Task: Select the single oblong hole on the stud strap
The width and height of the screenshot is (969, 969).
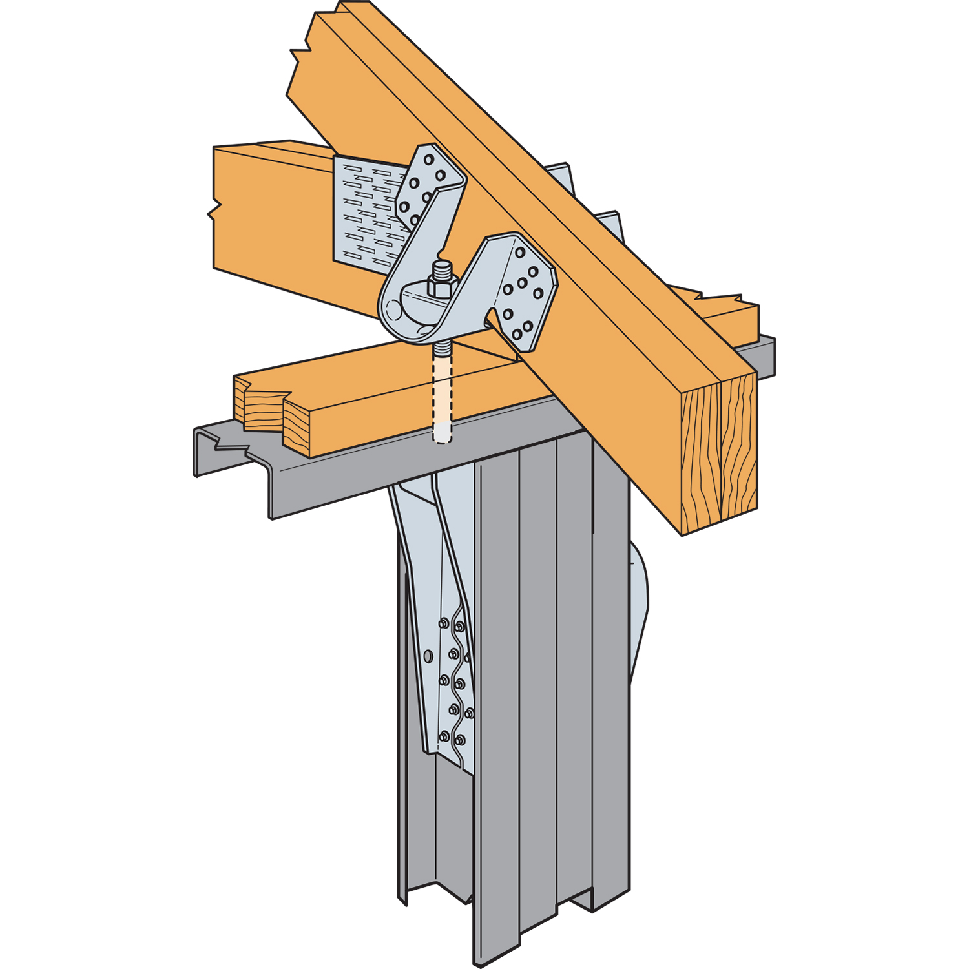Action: point(428,656)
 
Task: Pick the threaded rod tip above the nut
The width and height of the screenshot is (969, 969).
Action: point(441,266)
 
